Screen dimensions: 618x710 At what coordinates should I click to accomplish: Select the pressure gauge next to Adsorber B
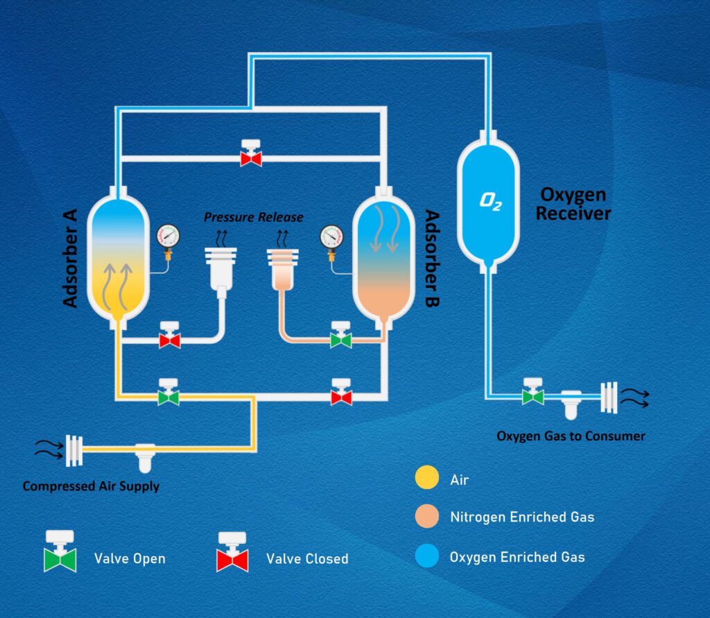pos(332,238)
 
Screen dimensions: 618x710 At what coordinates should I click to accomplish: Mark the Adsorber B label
pos(433,258)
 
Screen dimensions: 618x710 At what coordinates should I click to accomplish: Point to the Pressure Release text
pos(253,217)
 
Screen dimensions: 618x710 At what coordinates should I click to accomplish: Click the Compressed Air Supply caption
pos(91,486)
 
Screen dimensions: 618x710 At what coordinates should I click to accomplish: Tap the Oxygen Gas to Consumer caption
pos(571,436)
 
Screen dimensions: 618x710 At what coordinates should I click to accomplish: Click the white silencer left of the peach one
pos(222,266)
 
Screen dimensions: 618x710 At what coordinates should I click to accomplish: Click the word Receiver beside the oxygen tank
pos(573,214)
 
